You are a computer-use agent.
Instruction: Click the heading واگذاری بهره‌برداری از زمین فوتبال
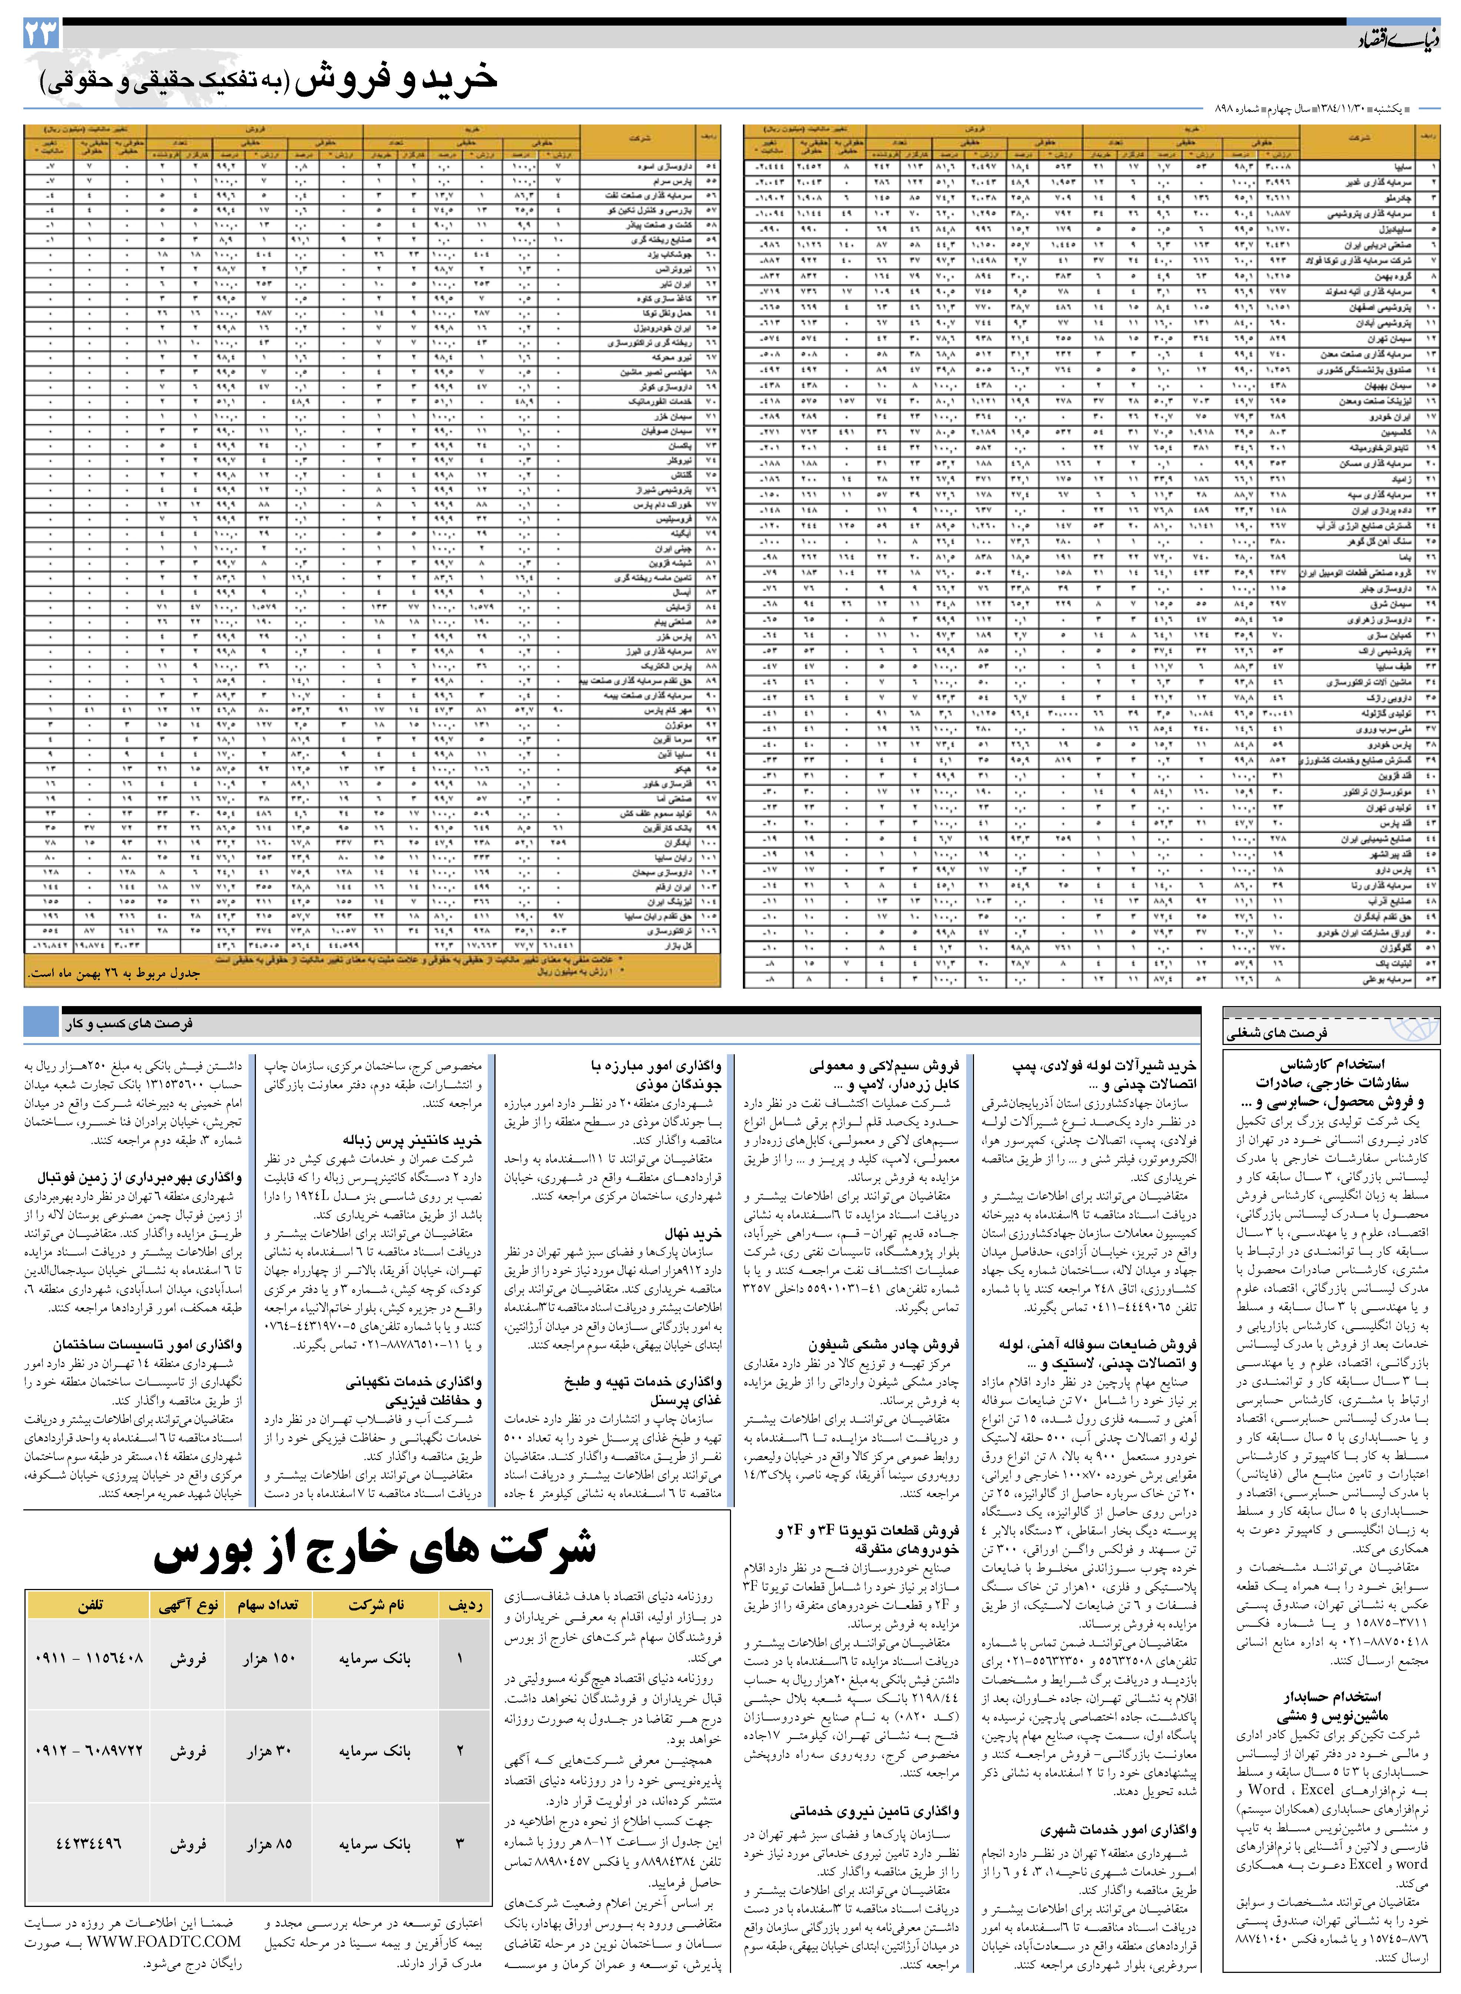click(x=140, y=1178)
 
